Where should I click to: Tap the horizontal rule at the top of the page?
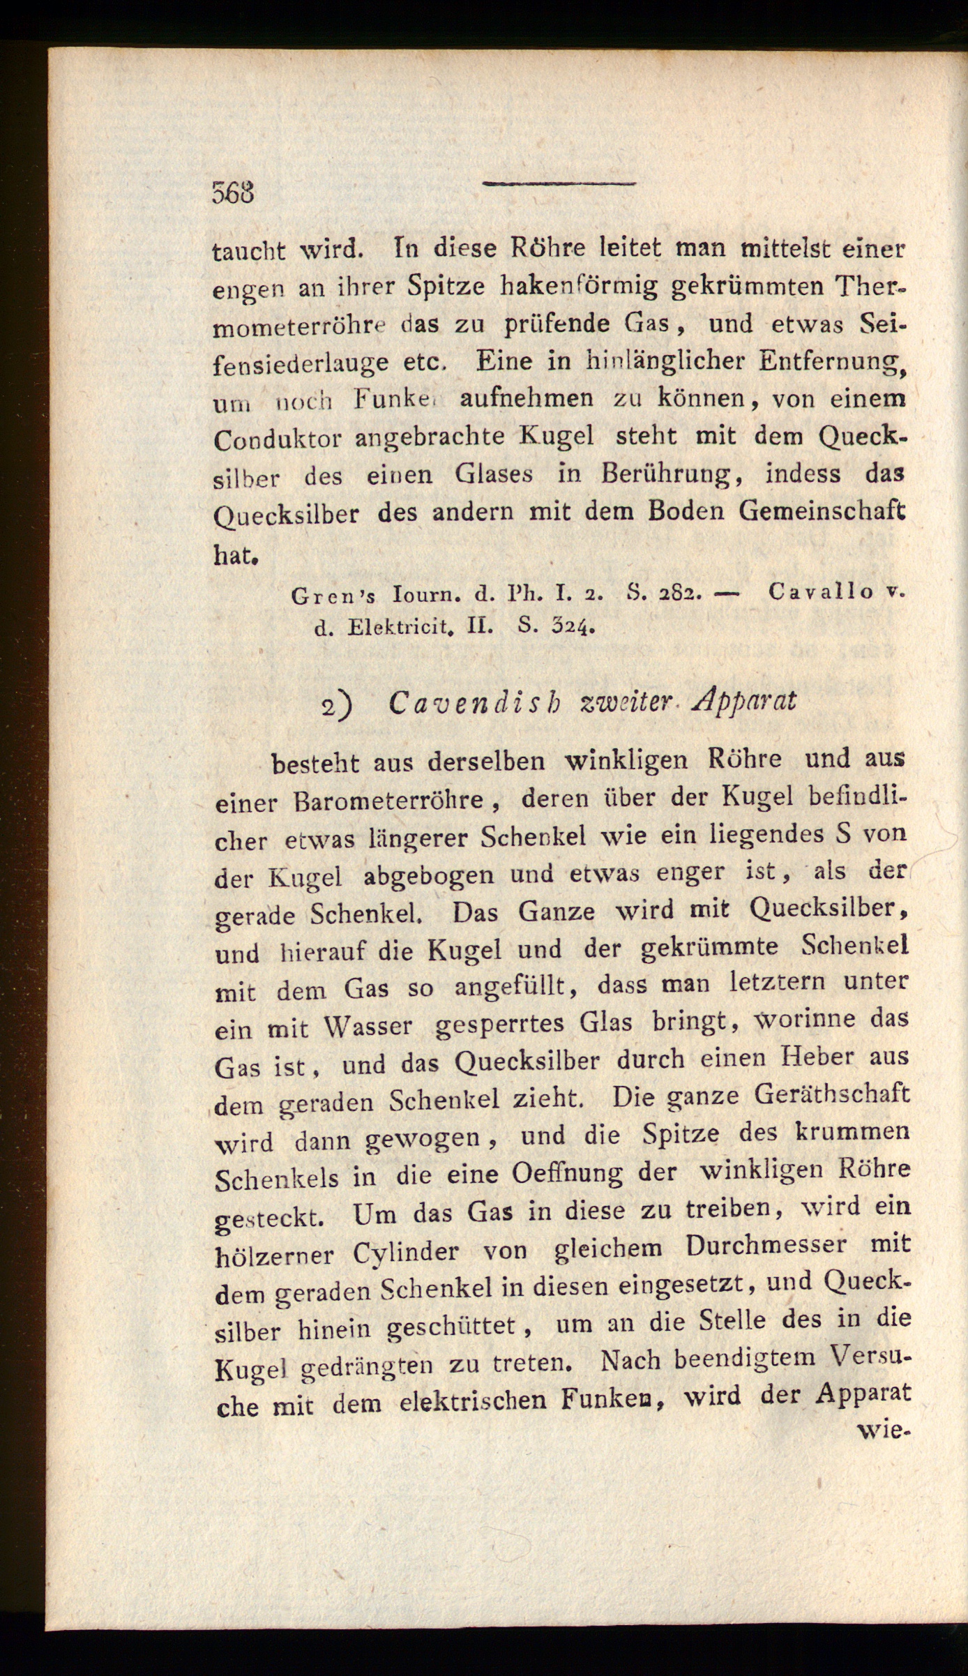(559, 184)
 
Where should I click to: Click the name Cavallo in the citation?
(820, 591)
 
